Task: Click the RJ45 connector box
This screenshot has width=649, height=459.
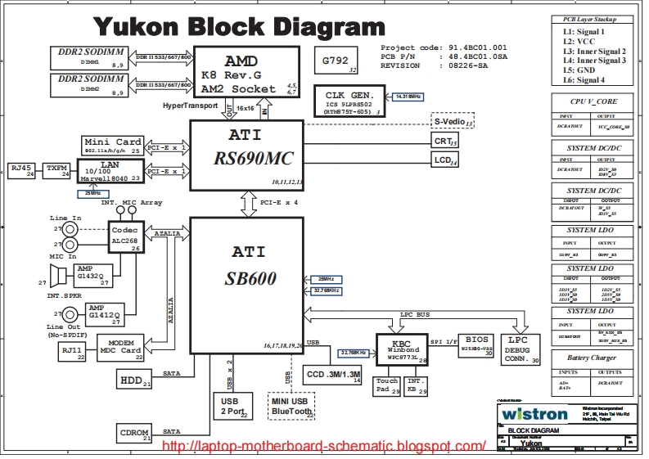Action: pyautogui.click(x=20, y=169)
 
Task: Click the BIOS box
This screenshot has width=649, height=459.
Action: pyautogui.click(x=476, y=342)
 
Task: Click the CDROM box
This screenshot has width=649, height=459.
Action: pyautogui.click(x=134, y=433)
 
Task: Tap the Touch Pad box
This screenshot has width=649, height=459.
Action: pyautogui.click(x=387, y=386)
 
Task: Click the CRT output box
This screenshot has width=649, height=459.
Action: pyautogui.click(x=444, y=142)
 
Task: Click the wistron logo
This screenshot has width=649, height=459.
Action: pyautogui.click(x=536, y=414)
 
